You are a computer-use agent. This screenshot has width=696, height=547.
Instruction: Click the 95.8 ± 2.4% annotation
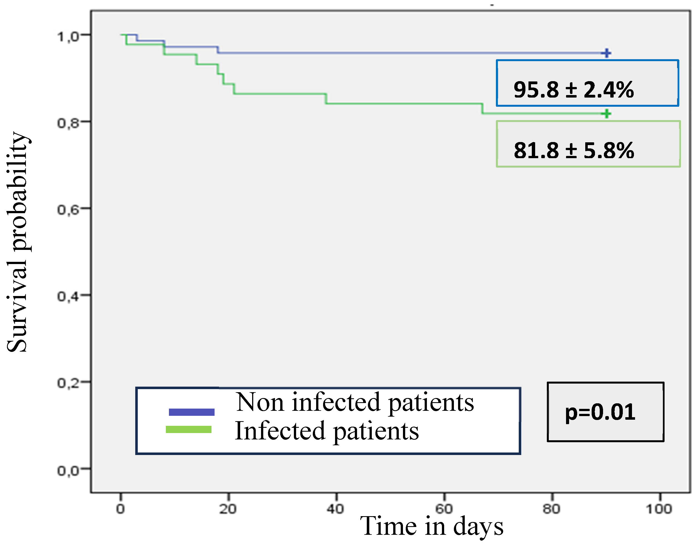573,90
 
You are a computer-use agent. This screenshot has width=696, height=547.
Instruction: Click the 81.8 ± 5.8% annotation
574,151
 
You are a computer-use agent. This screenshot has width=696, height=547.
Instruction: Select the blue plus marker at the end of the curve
606,53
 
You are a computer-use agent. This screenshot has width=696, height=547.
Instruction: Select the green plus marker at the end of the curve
606,114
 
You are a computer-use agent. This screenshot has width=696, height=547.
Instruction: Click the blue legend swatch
191,412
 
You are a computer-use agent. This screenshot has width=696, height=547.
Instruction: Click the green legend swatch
188,429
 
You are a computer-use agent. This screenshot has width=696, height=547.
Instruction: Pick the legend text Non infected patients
355,402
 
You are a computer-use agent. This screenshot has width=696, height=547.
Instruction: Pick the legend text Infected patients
326,431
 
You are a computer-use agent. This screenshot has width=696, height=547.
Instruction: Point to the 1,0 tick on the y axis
68,36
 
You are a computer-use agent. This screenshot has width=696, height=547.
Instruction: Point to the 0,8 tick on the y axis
68,123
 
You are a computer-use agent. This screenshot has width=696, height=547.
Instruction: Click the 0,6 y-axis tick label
68,210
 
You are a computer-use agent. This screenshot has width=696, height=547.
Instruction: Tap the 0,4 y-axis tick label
68,297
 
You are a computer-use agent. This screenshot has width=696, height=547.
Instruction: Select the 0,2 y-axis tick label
68,383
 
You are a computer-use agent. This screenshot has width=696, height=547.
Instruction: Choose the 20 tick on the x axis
228,509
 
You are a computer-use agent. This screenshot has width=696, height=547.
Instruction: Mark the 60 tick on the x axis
444,509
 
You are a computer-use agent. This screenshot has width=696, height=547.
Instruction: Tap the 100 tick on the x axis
659,509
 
